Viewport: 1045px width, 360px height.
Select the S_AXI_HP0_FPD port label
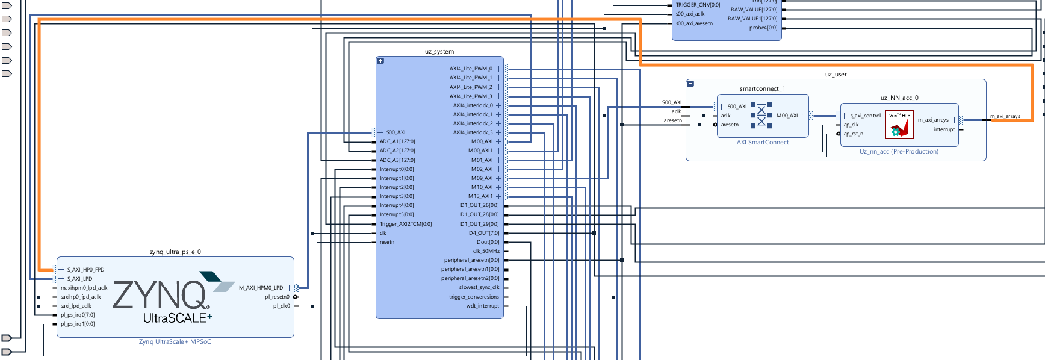(85, 270)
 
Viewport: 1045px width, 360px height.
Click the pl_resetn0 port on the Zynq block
(278, 297)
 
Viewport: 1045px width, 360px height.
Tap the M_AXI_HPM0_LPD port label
(261, 288)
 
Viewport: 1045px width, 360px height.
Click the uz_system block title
(439, 52)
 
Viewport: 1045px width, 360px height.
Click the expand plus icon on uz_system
(380, 61)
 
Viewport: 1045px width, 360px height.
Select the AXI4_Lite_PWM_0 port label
(471, 69)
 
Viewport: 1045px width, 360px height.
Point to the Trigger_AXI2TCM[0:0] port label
(406, 224)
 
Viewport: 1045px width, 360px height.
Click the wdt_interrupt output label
(483, 306)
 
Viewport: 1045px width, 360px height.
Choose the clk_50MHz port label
(486, 251)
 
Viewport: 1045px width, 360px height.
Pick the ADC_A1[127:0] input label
(397, 141)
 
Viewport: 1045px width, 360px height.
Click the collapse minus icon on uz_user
(690, 84)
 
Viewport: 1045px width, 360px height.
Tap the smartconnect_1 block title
(762, 89)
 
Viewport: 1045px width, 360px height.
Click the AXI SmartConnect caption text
(763, 143)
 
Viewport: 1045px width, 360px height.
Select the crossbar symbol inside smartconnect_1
(761, 116)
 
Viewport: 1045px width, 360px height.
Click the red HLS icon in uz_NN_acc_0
(899, 124)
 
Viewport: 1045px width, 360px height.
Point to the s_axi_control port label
(865, 116)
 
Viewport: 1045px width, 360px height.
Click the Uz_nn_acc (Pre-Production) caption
(899, 152)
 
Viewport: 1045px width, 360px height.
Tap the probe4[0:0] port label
(763, 28)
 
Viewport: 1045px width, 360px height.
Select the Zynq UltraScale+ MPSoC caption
(175, 342)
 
